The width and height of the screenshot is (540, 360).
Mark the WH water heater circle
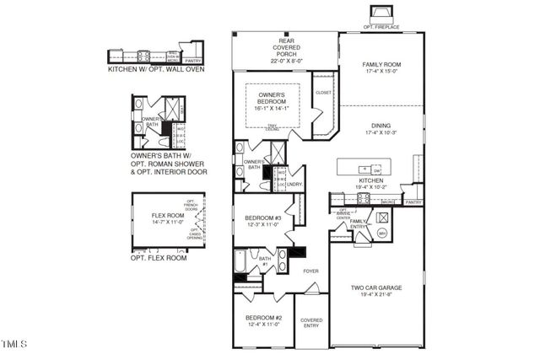coord(381,233)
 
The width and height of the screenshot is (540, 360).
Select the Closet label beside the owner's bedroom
coord(322,92)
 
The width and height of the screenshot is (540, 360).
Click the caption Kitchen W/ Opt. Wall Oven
coord(157,70)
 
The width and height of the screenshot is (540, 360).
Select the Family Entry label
coord(359,223)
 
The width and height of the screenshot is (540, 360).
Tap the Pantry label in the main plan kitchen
coord(413,202)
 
